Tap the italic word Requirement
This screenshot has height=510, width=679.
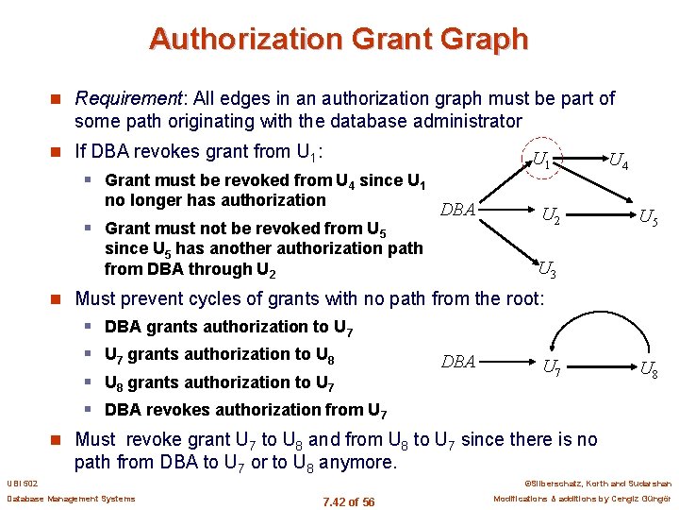127,98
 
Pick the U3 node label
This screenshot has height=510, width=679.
546,272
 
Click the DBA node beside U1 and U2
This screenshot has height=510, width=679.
457,210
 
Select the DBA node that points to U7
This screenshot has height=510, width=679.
458,362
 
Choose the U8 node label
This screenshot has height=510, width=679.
649,369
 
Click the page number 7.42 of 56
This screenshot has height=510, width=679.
348,501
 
